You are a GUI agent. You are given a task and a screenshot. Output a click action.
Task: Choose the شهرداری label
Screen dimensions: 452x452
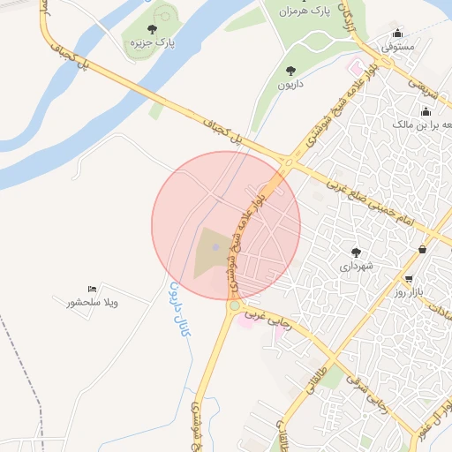pos(357,265)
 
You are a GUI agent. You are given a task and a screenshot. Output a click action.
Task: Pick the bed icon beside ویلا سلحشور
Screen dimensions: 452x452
pos(92,290)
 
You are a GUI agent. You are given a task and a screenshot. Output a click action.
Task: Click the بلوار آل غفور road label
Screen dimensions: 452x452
pos(438,415)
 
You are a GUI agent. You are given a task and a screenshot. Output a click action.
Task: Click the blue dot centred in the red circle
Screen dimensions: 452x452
pos(215,234)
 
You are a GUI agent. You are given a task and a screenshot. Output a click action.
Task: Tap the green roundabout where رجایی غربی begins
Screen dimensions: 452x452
pos(234,306)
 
